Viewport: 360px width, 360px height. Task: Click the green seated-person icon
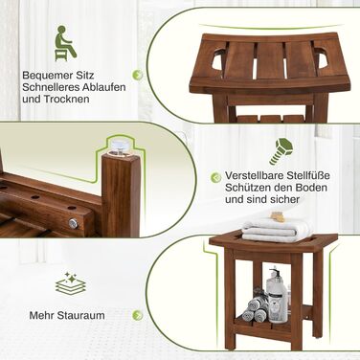tap(65, 43)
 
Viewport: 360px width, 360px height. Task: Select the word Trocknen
tap(66, 99)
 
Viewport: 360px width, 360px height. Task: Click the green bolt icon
tap(281, 151)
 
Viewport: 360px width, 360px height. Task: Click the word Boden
tap(312, 188)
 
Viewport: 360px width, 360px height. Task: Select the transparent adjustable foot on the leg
tap(121, 146)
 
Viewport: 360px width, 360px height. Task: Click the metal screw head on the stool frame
tap(74, 223)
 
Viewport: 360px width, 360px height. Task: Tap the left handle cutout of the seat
tap(217, 58)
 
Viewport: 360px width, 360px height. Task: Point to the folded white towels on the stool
tap(276, 230)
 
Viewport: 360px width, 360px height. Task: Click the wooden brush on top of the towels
tap(276, 216)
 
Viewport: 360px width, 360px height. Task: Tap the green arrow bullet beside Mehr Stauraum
tap(138, 315)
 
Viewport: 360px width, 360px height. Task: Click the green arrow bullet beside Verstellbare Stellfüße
tap(215, 177)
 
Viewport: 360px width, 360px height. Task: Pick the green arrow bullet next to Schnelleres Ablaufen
tap(138, 75)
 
